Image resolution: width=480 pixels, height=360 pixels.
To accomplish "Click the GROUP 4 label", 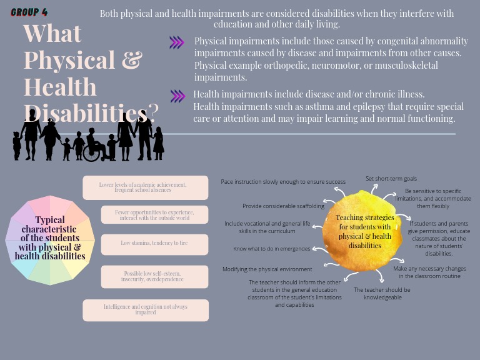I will tap(29, 12).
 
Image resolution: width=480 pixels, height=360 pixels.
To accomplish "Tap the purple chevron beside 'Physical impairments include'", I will tap(177, 42).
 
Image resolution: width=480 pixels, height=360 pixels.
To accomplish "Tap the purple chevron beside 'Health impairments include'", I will tap(177, 96).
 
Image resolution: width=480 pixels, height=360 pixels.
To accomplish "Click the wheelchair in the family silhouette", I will tap(92, 152).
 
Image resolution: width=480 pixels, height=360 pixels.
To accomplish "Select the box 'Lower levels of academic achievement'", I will tap(146, 187).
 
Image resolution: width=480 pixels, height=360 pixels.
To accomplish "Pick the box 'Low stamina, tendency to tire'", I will tap(154, 243).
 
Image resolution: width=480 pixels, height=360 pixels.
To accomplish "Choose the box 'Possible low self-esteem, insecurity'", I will tap(154, 276).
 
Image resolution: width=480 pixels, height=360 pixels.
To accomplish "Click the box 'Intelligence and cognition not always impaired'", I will tap(146, 310).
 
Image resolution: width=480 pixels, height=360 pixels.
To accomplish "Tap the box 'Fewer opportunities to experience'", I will tap(154, 215).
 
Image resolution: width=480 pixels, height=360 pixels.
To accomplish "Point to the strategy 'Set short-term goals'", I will tap(391, 179).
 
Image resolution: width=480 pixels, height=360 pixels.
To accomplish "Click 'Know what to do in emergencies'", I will tap(272, 249).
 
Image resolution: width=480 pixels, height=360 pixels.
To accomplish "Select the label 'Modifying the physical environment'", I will tap(267, 269).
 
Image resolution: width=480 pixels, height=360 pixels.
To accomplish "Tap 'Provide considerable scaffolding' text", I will tap(284, 206).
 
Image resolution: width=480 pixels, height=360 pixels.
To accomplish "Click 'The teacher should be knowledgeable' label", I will tap(382, 294).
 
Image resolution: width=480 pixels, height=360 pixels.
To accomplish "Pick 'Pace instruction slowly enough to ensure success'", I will tap(283, 182).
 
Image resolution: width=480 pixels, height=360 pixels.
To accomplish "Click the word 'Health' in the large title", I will tap(60, 87).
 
